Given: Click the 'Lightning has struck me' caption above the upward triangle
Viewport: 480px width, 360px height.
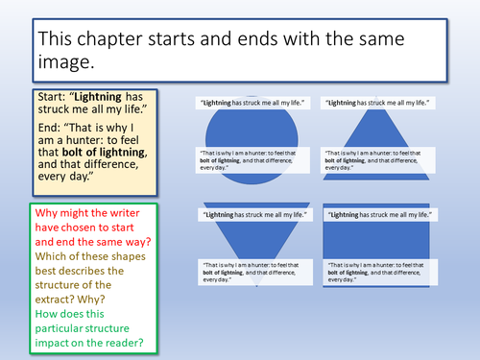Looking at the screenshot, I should [x=373, y=102].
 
